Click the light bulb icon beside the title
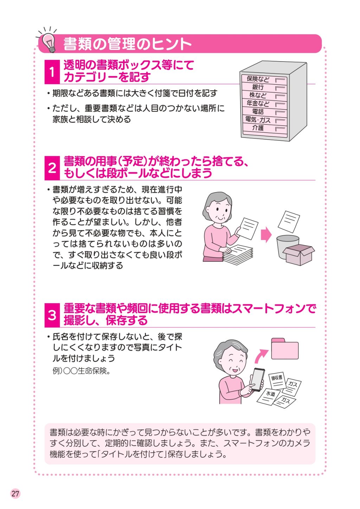(49, 42)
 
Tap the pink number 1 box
(52, 72)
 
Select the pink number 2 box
(52, 168)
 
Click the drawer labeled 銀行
(264, 87)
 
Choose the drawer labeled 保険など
(264, 79)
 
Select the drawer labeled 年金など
(264, 104)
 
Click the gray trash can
(287, 247)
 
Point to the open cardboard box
(299, 255)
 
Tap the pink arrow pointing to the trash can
(266, 235)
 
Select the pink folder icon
(285, 349)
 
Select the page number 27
(15, 494)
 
